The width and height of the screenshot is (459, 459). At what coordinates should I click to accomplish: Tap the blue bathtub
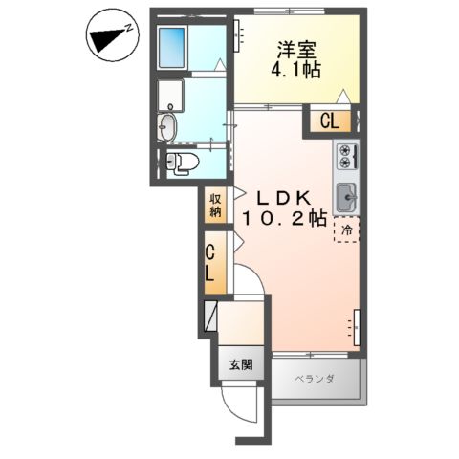pyautogui.click(x=172, y=44)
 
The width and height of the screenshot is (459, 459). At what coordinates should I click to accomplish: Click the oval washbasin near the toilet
pyautogui.click(x=169, y=125)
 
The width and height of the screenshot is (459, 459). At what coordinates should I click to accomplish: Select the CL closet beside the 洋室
pyautogui.click(x=328, y=120)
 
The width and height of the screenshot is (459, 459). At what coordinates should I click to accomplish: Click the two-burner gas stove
pyautogui.click(x=345, y=154)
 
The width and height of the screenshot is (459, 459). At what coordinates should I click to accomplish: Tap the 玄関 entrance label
pyautogui.click(x=241, y=363)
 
